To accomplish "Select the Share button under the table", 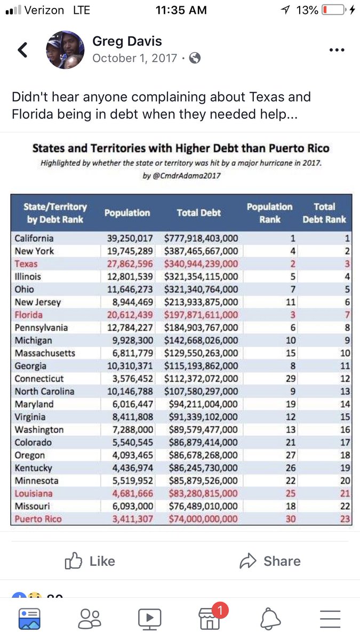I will point(270,561).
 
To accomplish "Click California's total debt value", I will point(201,238).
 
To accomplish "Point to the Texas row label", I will point(26,264).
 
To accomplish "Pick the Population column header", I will point(127,213).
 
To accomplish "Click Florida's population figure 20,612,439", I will point(130,315).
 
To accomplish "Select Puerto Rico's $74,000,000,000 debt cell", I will point(201,519).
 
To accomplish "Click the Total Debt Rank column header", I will point(324,213).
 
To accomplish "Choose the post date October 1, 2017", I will point(134,58).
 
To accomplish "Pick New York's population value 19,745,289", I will point(130,251).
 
